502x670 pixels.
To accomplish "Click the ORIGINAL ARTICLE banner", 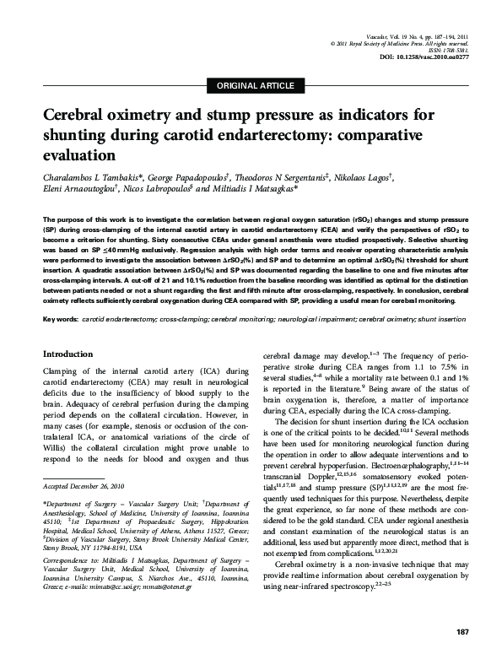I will pos(256,86).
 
